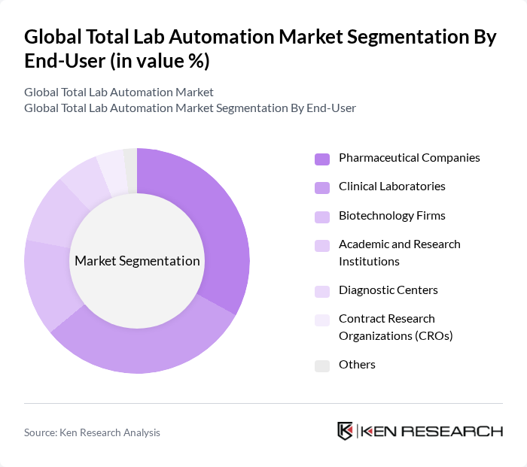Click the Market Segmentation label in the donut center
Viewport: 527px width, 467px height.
click(137, 261)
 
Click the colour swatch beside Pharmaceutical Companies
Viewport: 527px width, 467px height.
click(322, 159)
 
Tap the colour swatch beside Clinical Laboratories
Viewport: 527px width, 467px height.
click(322, 186)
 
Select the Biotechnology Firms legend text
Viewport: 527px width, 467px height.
click(391, 216)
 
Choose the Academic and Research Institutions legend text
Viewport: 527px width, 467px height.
click(399, 253)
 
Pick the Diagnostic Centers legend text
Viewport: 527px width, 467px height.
click(388, 290)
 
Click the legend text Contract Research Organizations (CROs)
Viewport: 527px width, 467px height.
click(395, 327)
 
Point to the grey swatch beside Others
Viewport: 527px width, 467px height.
click(322, 365)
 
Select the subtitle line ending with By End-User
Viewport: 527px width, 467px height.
click(190, 108)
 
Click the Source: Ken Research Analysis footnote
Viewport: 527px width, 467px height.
click(92, 432)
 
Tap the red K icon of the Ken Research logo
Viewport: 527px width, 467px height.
click(345, 431)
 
